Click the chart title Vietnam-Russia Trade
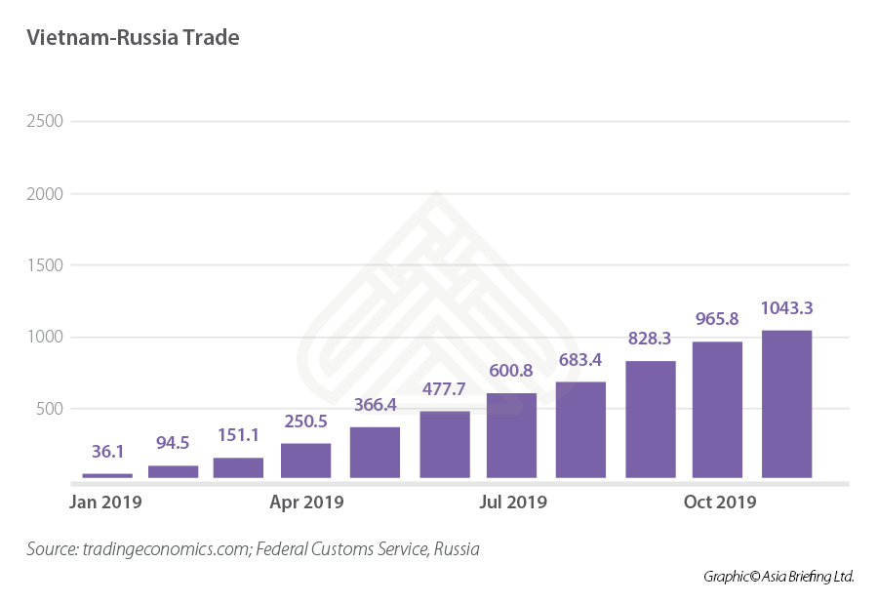pyautogui.click(x=133, y=38)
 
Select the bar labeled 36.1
pyautogui.click(x=107, y=475)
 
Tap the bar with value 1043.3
pyautogui.click(x=786, y=404)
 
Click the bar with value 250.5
pyautogui.click(x=305, y=461)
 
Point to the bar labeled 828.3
pyautogui.click(x=651, y=420)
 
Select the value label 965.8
pyautogui.click(x=718, y=318)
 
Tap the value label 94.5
pyautogui.click(x=174, y=444)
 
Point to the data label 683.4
pyautogui.click(x=581, y=359)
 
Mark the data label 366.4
pyautogui.click(x=375, y=404)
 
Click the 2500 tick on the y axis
pyautogui.click(x=45, y=122)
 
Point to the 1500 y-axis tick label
pyautogui.click(x=45, y=265)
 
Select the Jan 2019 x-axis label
pyautogui.click(x=105, y=502)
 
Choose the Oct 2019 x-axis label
pyautogui.click(x=720, y=502)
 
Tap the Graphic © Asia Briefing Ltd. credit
pyautogui.click(x=778, y=577)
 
